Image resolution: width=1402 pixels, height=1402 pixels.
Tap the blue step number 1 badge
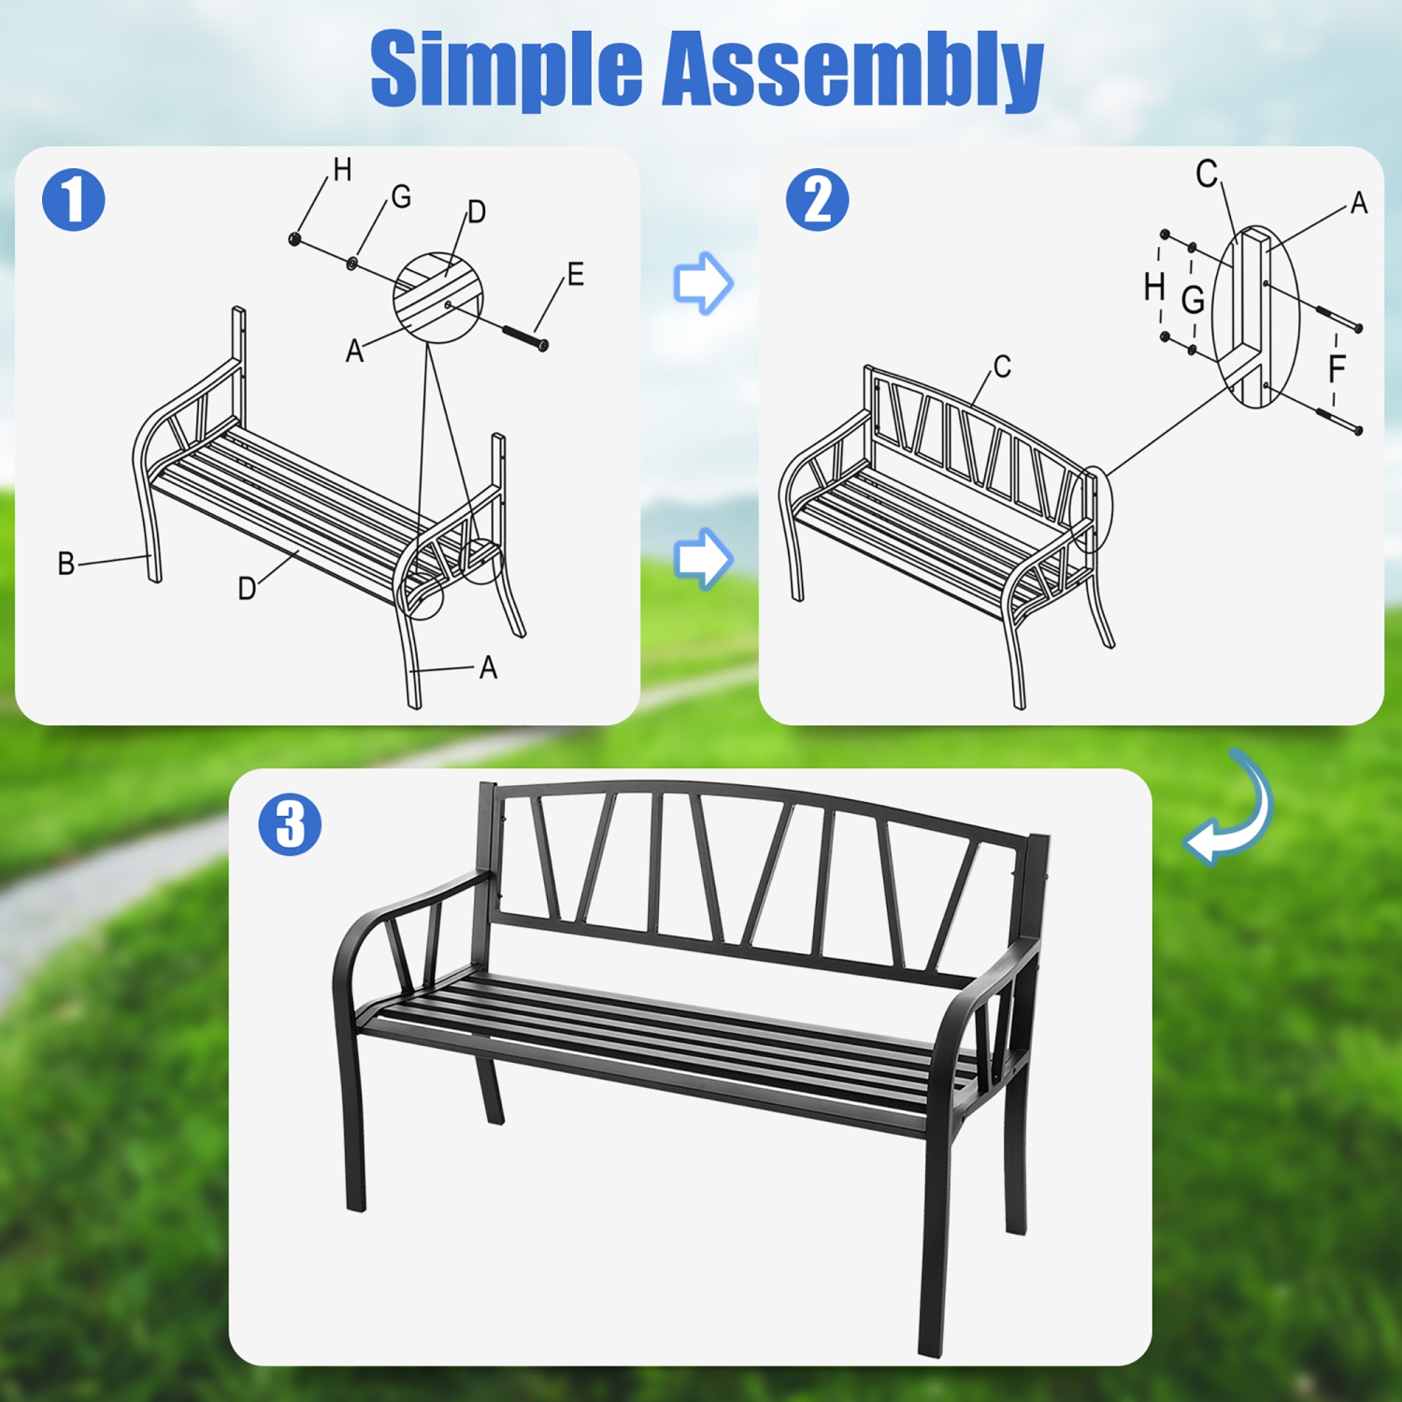pyautogui.click(x=73, y=200)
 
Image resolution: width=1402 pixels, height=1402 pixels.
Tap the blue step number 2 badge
pyautogui.click(x=817, y=200)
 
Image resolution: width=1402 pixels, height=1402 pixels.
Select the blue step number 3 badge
pyautogui.click(x=290, y=824)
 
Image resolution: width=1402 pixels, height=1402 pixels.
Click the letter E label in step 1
pyautogui.click(x=575, y=274)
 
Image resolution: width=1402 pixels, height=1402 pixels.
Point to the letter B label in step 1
pyautogui.click(x=65, y=564)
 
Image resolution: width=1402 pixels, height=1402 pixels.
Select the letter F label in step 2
pyautogui.click(x=1337, y=368)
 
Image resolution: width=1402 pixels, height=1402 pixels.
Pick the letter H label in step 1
pyautogui.click(x=342, y=170)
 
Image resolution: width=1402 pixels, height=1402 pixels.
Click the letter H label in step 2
pyautogui.click(x=1155, y=287)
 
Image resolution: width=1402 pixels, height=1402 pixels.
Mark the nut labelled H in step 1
pyautogui.click(x=295, y=239)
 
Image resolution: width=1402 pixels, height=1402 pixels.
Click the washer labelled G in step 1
pyautogui.click(x=352, y=263)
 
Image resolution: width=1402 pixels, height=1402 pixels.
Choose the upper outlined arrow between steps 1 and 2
pyautogui.click(x=703, y=282)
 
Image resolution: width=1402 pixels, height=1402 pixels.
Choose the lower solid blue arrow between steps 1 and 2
pyautogui.click(x=703, y=558)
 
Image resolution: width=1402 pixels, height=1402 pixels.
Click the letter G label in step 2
pyautogui.click(x=1193, y=300)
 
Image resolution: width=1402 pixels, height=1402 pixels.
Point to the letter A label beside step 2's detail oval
pyautogui.click(x=1358, y=203)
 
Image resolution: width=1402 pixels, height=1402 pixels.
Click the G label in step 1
pyautogui.click(x=401, y=196)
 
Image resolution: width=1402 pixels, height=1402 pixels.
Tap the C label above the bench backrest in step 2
pyautogui.click(x=1002, y=366)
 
